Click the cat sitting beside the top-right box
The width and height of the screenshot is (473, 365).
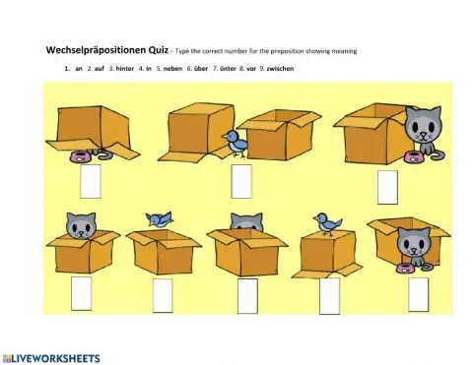point(424,130)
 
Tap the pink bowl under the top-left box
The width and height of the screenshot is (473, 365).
point(79,155)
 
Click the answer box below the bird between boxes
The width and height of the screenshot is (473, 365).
point(240,181)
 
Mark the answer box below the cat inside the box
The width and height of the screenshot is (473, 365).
point(81,292)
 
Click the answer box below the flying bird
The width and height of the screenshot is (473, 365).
point(163,294)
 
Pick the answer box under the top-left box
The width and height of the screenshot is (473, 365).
point(91,181)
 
